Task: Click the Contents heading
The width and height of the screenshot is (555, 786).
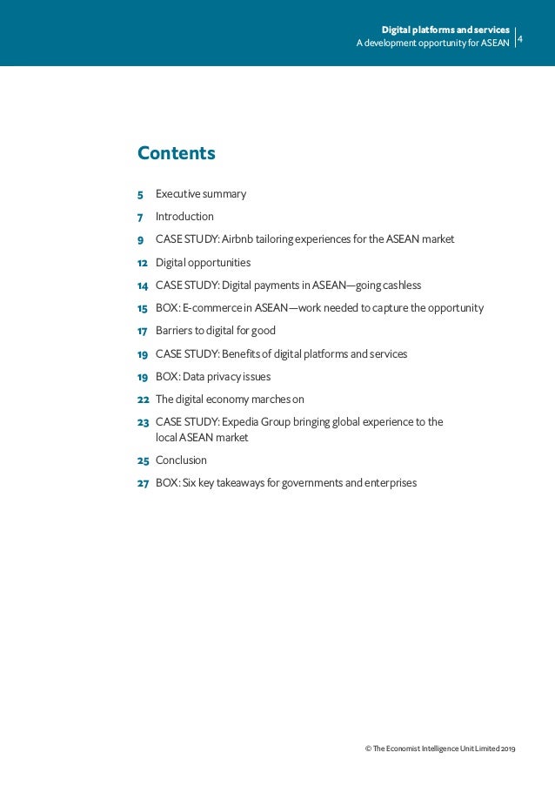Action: coord(176,154)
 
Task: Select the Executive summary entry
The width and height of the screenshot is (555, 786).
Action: coord(200,194)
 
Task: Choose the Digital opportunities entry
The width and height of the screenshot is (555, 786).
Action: coord(203,262)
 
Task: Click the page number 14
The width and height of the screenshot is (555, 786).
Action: coord(142,286)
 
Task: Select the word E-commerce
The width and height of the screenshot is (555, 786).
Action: coord(211,308)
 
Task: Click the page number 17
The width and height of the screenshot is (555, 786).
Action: coord(142,331)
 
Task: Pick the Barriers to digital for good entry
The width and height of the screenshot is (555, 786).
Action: coord(215,331)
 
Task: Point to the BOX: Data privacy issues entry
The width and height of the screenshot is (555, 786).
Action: coord(212,377)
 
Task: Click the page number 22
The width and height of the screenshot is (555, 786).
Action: coord(143,400)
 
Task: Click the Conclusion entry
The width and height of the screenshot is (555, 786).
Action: coord(181,460)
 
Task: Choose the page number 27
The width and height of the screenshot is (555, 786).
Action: coord(143,482)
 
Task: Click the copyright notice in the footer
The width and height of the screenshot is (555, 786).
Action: coord(440,749)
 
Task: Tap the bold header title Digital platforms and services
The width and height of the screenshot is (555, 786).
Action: coord(451,30)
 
